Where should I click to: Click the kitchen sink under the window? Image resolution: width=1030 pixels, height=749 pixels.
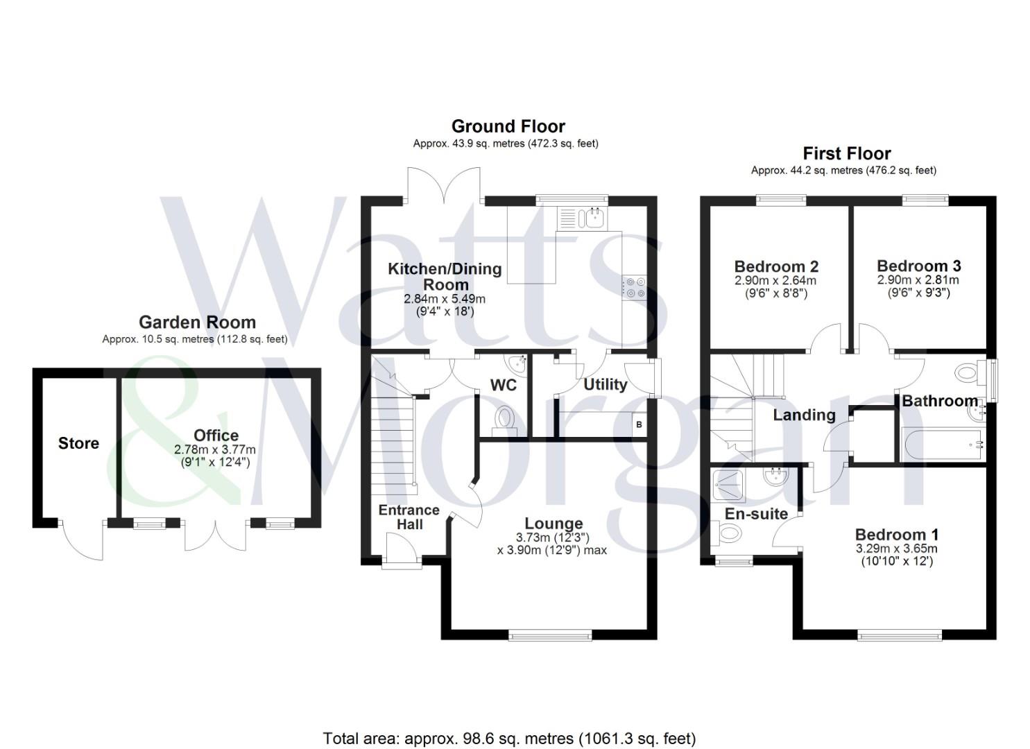pyautogui.click(x=582, y=218)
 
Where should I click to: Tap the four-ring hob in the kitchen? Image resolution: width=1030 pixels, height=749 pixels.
pyautogui.click(x=635, y=287)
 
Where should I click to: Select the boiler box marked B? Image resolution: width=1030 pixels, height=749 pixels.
pyautogui.click(x=639, y=424)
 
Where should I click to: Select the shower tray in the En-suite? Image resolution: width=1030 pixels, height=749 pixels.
pyautogui.click(x=730, y=485)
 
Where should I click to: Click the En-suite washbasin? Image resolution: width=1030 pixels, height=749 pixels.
pyautogui.click(x=777, y=477)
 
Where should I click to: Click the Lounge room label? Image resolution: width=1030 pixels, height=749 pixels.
pyautogui.click(x=553, y=523)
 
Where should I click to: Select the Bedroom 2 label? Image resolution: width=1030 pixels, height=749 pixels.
pyautogui.click(x=777, y=266)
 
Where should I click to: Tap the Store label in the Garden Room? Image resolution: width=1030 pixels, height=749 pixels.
pyautogui.click(x=78, y=442)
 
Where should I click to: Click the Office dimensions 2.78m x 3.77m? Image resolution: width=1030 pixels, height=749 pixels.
pyautogui.click(x=215, y=449)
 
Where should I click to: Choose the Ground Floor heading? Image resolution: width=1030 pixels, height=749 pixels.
pyautogui.click(x=508, y=126)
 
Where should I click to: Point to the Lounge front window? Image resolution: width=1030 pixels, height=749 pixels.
pyautogui.click(x=550, y=637)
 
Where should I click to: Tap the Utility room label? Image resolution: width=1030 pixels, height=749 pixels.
pyautogui.click(x=605, y=384)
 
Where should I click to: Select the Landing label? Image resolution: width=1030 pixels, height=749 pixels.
pyautogui.click(x=804, y=415)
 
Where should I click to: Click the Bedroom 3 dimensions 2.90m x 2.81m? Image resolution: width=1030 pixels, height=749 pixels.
pyautogui.click(x=918, y=279)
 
